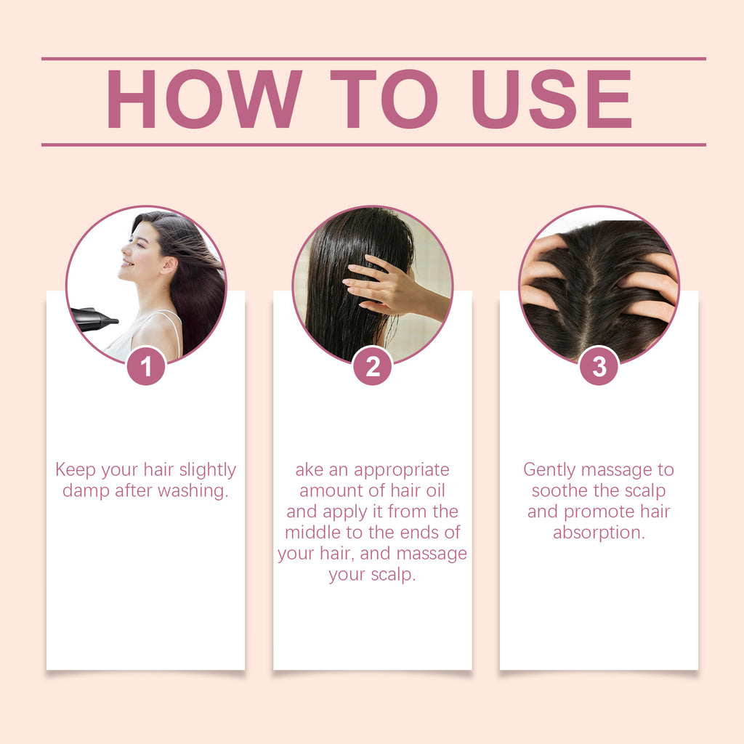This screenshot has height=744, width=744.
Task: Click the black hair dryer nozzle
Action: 93,319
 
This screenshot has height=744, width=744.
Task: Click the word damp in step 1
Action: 86,491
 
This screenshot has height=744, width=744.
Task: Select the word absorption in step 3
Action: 599,533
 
